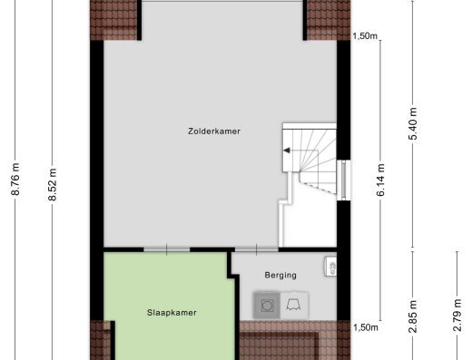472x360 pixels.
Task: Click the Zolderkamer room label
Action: [214, 131]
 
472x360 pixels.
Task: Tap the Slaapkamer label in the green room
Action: [172, 313]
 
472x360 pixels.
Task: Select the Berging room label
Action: [280, 275]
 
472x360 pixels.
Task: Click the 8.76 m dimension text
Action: [15, 179]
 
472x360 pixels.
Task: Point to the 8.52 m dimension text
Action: [53, 184]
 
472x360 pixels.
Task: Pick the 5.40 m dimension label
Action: [413, 123]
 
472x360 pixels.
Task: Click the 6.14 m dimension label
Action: [380, 180]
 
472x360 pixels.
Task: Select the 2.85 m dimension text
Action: [413, 316]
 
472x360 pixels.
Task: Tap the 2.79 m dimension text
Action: [457, 315]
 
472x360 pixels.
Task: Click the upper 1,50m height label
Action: [365, 36]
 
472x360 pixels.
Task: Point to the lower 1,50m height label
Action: [366, 327]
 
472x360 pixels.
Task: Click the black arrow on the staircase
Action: [287, 151]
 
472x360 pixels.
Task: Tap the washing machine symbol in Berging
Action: [267, 306]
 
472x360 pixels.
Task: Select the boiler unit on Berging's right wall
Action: [330, 267]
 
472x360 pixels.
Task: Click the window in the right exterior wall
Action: [344, 180]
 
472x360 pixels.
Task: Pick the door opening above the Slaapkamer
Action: [167, 249]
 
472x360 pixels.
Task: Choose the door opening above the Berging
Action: [257, 249]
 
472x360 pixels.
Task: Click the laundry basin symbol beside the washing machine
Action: [294, 306]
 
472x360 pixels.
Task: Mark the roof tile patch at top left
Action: [113, 20]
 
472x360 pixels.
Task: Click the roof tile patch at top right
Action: [329, 20]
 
